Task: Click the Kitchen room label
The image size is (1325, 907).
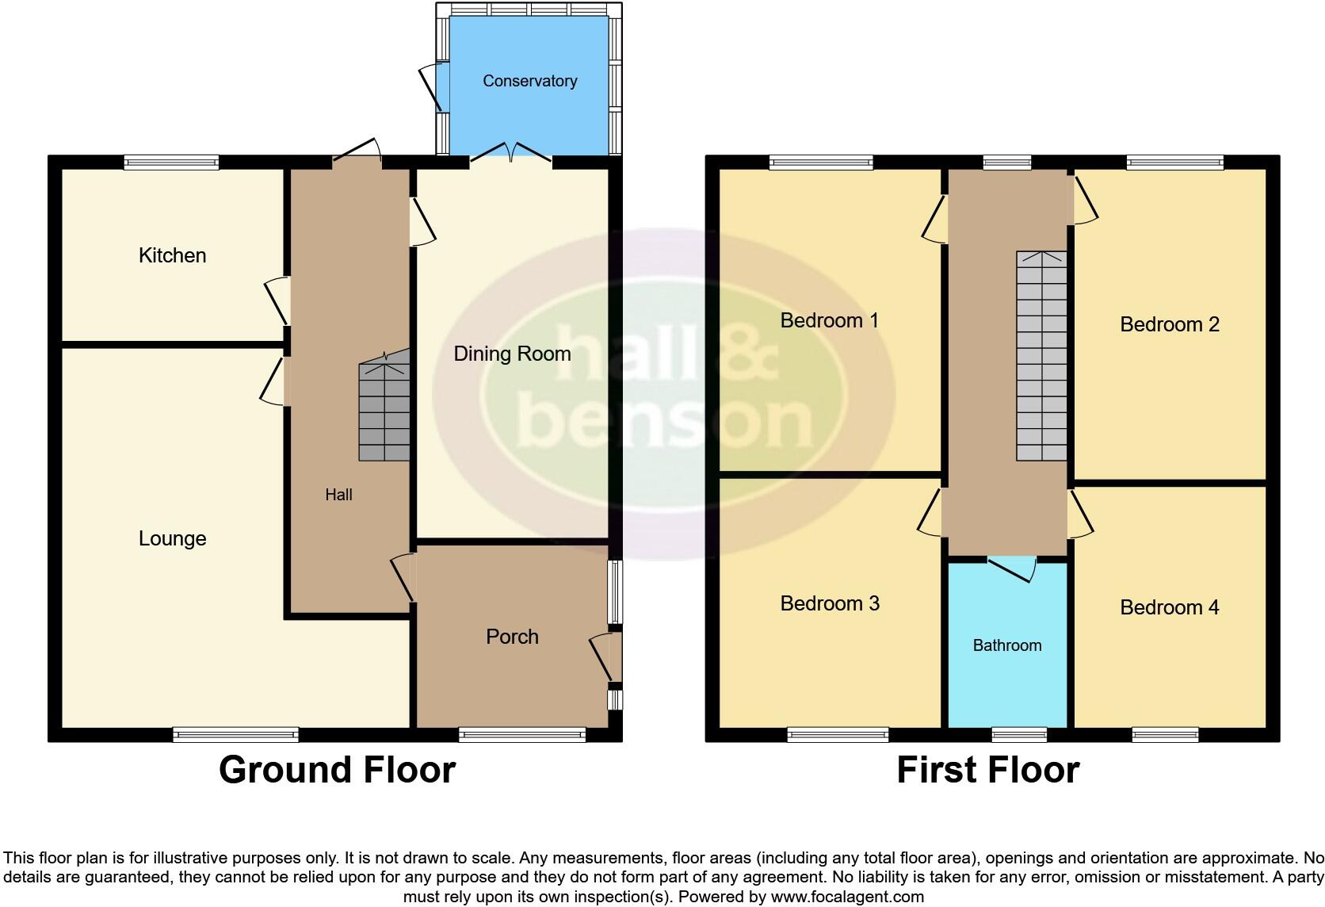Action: pos(172,255)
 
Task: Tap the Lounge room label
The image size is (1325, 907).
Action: pos(172,538)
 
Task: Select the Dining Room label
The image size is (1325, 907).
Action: pos(512,354)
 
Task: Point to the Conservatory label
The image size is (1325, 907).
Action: pos(529,81)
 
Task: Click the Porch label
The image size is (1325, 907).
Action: pos(512,637)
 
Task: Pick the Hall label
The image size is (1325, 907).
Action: pos(338,495)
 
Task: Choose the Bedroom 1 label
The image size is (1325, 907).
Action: pos(829,320)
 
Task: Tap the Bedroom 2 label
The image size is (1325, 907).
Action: pos(1169,324)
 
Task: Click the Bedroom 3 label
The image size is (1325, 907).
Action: pos(830,603)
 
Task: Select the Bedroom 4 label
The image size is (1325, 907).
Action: pos(1169,607)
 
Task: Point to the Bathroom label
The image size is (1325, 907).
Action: pos(1006,645)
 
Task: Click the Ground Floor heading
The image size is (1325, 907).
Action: pos(337,770)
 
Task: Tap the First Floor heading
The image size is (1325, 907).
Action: pos(987,770)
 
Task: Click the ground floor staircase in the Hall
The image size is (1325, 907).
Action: pos(384,411)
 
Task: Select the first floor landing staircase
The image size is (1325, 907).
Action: pos(1041,356)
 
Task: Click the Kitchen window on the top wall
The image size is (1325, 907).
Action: pos(171,163)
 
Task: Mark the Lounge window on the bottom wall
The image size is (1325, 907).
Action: pos(235,735)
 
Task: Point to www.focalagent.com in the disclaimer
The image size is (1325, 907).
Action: pos(847,897)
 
